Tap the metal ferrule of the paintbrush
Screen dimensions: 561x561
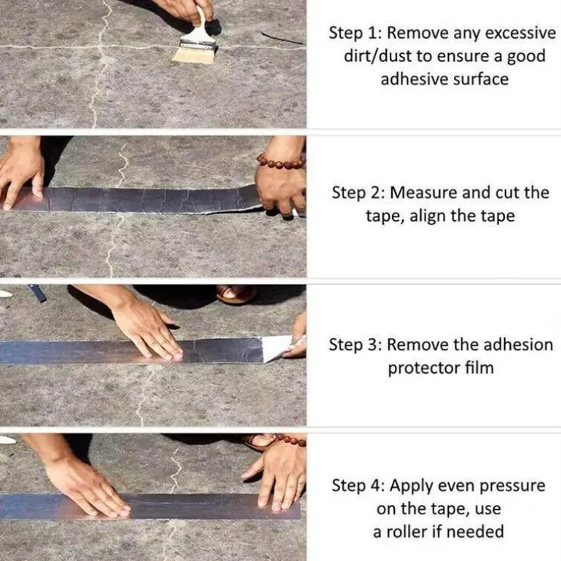[x=197, y=44]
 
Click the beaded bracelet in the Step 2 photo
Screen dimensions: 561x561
[x=281, y=162]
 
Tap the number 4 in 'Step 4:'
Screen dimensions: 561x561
[x=376, y=486]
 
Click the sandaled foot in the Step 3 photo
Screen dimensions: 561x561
[x=236, y=294]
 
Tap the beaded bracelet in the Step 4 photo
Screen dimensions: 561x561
[x=291, y=440]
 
